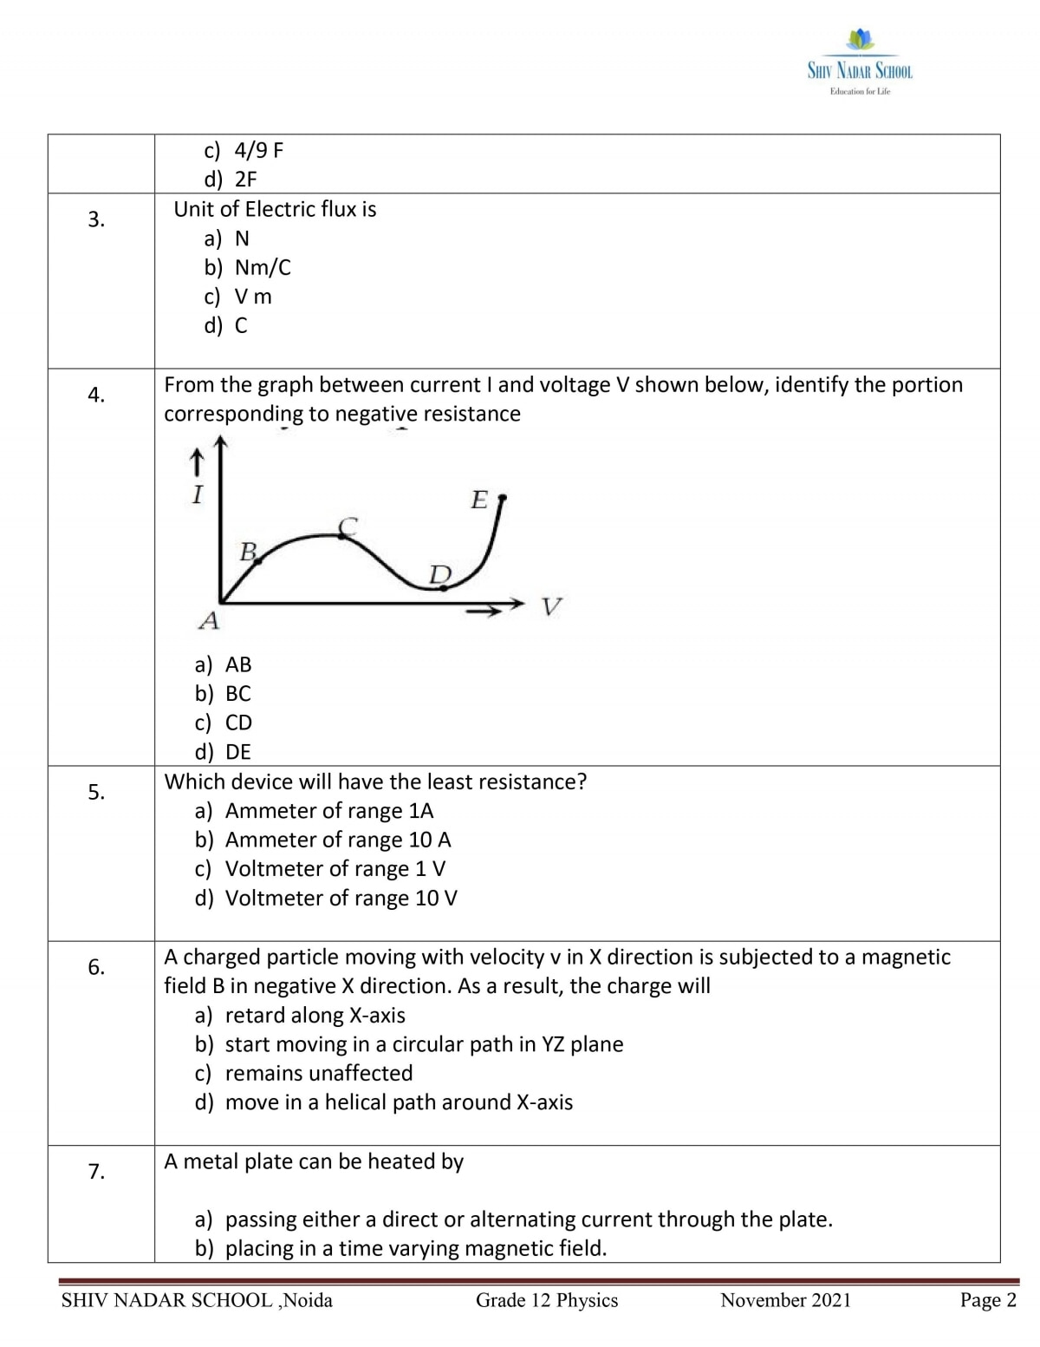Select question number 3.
click(95, 219)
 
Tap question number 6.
click(95, 967)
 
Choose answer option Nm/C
click(263, 267)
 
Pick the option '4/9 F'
click(258, 151)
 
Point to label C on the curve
click(348, 525)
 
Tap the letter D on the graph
click(440, 574)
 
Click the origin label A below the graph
click(209, 621)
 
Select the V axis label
click(551, 606)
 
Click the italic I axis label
click(198, 495)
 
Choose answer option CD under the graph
click(238, 723)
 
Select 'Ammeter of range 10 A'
click(338, 840)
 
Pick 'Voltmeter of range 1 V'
click(335, 869)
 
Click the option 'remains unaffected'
click(319, 1073)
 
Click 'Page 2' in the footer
click(988, 1300)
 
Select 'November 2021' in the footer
click(785, 1300)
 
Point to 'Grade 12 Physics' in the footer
click(547, 1300)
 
